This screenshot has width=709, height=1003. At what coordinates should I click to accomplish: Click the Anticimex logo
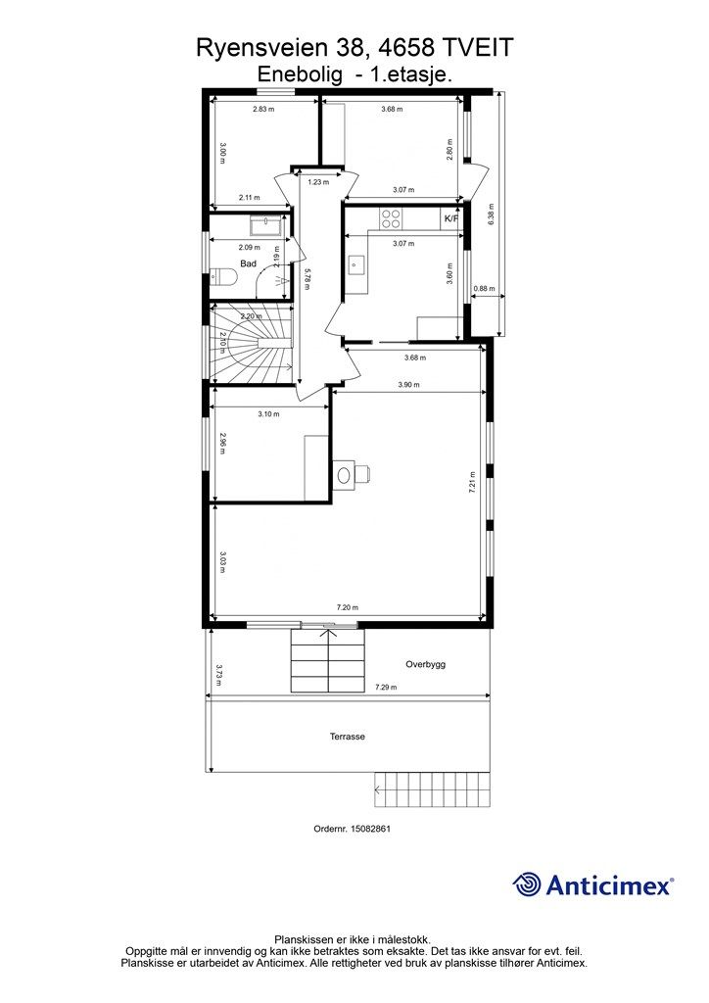pyautogui.click(x=592, y=885)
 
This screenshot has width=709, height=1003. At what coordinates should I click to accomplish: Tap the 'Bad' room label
pyautogui.click(x=248, y=263)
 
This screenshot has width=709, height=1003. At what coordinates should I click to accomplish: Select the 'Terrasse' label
pyautogui.click(x=347, y=737)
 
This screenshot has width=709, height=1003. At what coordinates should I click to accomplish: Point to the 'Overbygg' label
pyautogui.click(x=425, y=665)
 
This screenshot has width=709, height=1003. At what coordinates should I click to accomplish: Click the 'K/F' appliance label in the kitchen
pyautogui.click(x=450, y=218)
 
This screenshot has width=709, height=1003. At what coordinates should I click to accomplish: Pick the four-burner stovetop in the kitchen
pyautogui.click(x=392, y=218)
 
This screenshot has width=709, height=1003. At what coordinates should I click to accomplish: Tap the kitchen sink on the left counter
pyautogui.click(x=355, y=263)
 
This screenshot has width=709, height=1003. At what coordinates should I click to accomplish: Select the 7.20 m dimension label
pyautogui.click(x=347, y=607)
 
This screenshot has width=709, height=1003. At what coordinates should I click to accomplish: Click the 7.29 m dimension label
pyautogui.click(x=385, y=688)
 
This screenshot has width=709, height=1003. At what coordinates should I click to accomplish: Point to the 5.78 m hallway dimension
pyautogui.click(x=307, y=279)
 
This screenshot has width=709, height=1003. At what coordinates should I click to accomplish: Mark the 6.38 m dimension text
pyautogui.click(x=491, y=215)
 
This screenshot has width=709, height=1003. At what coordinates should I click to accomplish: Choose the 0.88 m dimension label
pyautogui.click(x=484, y=289)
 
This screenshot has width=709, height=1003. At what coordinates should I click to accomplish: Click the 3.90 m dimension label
pyautogui.click(x=408, y=385)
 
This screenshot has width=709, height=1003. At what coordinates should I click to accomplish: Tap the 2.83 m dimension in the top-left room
pyautogui.click(x=262, y=109)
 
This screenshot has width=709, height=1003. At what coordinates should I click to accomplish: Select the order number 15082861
pyautogui.click(x=352, y=829)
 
